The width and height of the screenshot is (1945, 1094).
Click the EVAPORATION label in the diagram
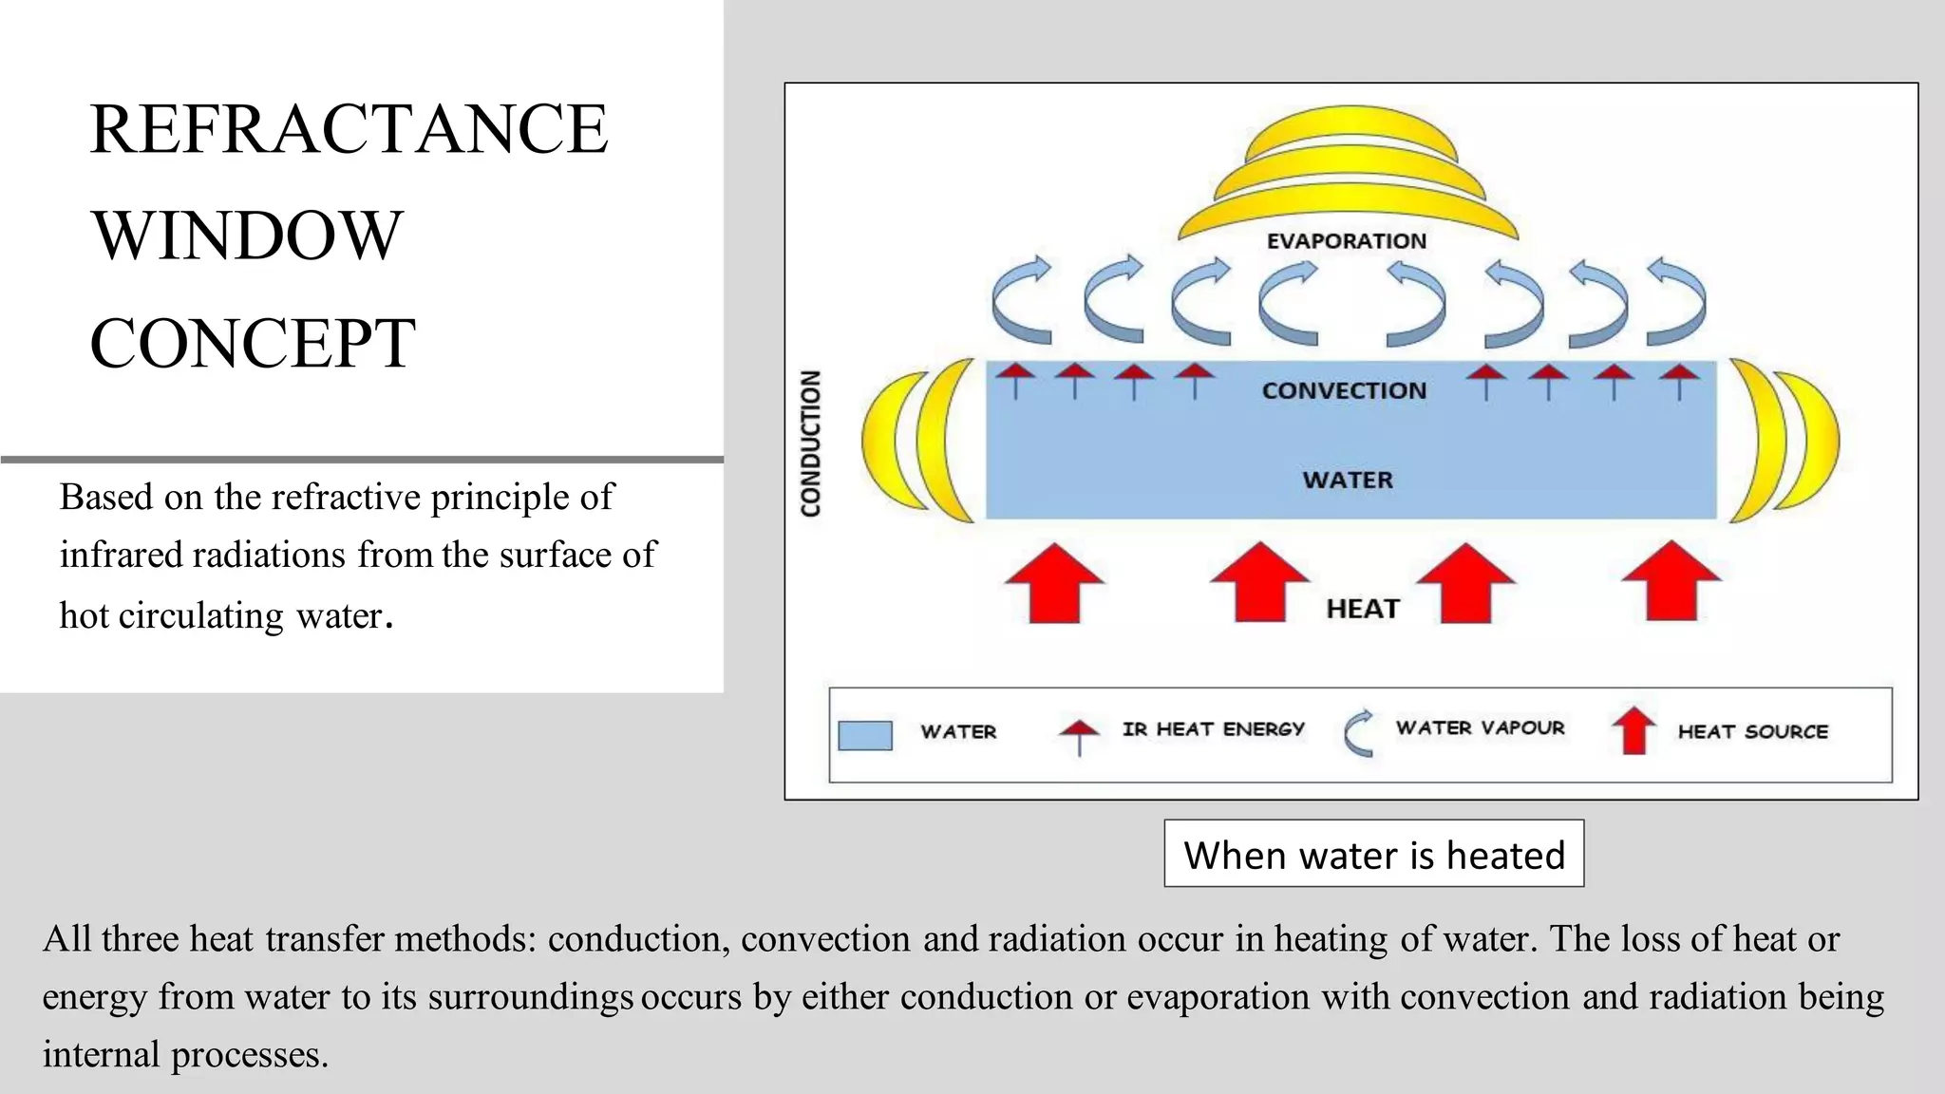click(1346, 241)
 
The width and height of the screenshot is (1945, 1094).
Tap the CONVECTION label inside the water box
click(1344, 390)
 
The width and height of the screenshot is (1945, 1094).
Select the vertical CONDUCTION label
click(810, 443)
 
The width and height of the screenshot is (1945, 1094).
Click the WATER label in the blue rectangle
click(1348, 480)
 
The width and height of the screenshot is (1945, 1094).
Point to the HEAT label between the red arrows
click(1363, 609)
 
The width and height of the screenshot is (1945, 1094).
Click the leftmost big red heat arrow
click(1054, 583)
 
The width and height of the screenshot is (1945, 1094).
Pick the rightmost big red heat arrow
click(1671, 581)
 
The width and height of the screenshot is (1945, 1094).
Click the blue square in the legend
click(865, 735)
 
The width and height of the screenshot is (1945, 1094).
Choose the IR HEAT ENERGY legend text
click(1213, 729)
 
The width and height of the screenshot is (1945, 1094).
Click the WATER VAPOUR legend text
click(1480, 728)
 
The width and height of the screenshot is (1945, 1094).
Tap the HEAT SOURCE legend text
click(1752, 731)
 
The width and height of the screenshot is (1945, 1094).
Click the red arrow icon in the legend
click(1633, 731)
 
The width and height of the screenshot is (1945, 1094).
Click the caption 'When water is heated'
click(1373, 855)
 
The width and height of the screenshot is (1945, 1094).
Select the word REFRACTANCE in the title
click(349, 129)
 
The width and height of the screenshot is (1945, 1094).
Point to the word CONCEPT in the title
click(253, 343)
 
